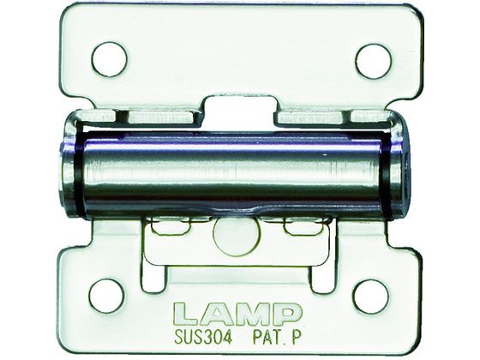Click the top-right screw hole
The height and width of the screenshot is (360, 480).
click(374, 61)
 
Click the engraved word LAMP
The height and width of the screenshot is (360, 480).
click(238, 314)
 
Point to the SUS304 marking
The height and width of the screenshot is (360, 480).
click(203, 338)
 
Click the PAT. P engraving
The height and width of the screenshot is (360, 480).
click(277, 338)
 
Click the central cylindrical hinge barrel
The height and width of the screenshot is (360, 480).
click(232, 176)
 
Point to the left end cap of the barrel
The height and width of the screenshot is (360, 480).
click(68, 167)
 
